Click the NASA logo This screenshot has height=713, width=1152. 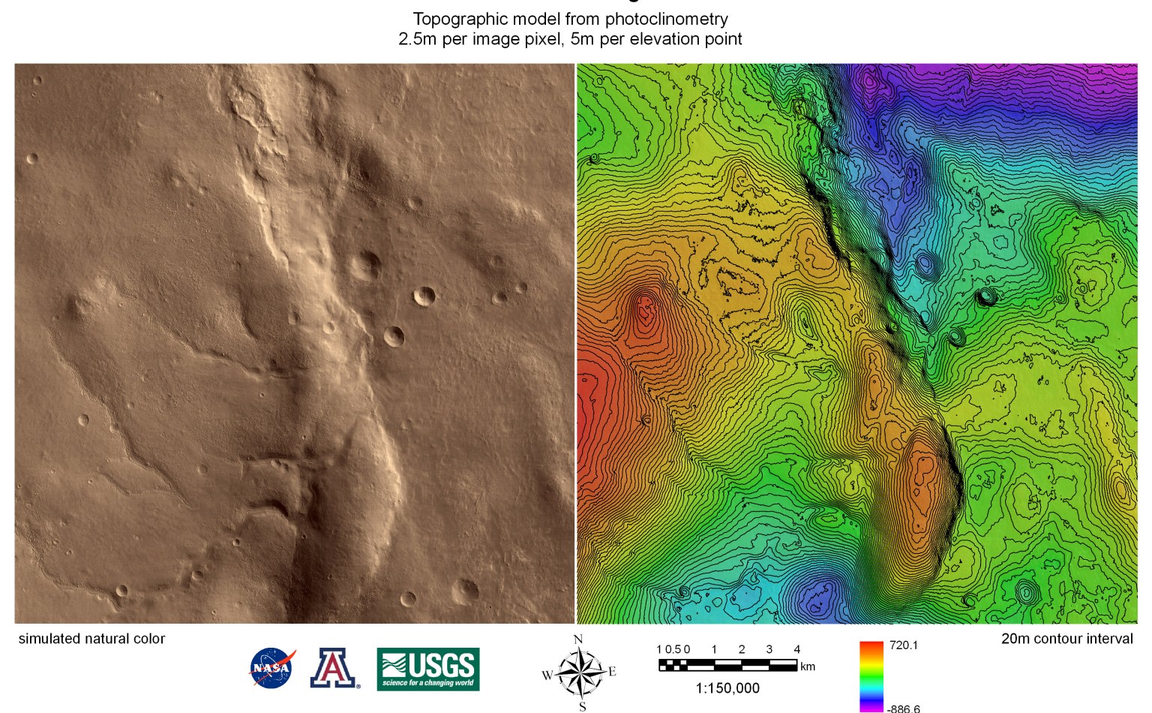[x=271, y=668]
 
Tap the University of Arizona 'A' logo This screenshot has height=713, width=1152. [x=334, y=668]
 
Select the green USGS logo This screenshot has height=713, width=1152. [x=427, y=669]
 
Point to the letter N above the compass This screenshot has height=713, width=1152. [x=578, y=640]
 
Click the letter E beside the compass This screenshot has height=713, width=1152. [x=612, y=672]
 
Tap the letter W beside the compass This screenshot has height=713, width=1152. [x=547, y=675]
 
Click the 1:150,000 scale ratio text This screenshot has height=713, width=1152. [x=727, y=688]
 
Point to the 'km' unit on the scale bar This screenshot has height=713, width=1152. [x=808, y=666]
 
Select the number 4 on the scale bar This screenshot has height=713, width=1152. [x=796, y=649]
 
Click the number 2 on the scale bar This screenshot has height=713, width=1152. [x=742, y=649]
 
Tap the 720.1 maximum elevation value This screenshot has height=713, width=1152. [x=904, y=645]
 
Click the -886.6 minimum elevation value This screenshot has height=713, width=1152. [x=903, y=708]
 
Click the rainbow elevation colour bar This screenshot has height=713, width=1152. [x=871, y=675]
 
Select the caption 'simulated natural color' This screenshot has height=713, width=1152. [x=91, y=639]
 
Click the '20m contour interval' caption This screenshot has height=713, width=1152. [x=1066, y=639]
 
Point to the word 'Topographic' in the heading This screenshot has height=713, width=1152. [x=459, y=20]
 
